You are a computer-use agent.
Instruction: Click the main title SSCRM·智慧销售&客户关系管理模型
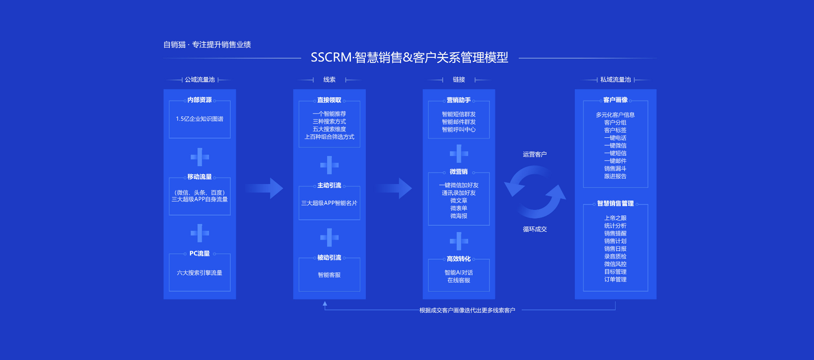(x=409, y=57)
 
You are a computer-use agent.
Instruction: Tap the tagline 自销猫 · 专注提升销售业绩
(x=207, y=45)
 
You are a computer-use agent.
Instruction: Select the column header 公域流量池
(x=200, y=80)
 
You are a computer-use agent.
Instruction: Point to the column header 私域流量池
(x=615, y=80)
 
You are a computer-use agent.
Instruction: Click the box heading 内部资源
(x=199, y=100)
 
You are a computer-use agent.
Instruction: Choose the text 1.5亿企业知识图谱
(x=199, y=119)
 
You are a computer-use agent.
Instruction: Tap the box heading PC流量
(x=199, y=253)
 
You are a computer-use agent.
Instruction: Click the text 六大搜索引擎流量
(x=199, y=273)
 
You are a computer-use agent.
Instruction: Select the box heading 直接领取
(x=329, y=100)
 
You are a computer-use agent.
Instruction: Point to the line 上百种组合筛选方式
(x=329, y=137)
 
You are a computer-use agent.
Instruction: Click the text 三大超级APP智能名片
(x=329, y=203)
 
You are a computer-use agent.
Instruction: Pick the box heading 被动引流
(x=329, y=258)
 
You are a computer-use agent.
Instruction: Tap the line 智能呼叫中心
(x=458, y=130)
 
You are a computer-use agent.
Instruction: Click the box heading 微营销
(x=458, y=172)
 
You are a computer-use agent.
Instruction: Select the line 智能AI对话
(x=458, y=273)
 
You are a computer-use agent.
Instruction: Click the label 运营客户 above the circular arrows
(x=534, y=154)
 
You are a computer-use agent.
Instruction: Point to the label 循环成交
(x=534, y=229)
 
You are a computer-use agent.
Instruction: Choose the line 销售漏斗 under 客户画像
(x=615, y=169)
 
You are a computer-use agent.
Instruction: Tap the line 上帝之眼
(x=615, y=218)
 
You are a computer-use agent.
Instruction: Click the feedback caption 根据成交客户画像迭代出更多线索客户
(x=467, y=310)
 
